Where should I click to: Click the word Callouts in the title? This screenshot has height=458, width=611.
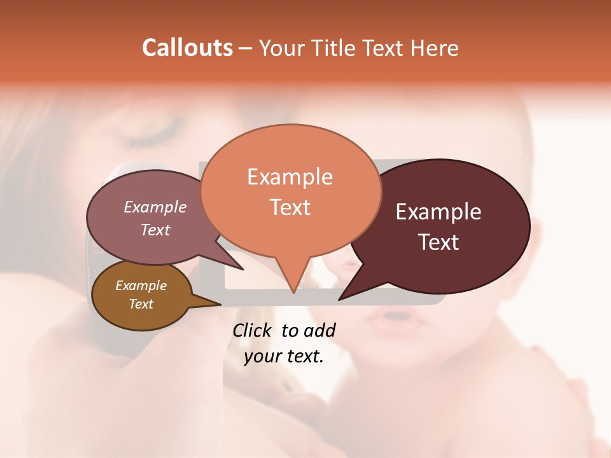187,48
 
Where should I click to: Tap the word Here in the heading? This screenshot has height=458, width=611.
432,48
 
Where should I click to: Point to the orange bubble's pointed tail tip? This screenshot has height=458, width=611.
293,292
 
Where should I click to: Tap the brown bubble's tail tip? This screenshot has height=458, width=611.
220,304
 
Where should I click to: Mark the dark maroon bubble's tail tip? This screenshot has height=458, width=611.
339,299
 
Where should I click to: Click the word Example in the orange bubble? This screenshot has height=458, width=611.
290,177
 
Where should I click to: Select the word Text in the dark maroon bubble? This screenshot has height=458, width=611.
439,242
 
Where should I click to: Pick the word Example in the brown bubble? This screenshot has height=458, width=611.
141,286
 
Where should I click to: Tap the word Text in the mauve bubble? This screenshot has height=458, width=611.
155,230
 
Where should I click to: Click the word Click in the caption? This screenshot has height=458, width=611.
253,331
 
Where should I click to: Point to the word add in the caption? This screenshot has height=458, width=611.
319,331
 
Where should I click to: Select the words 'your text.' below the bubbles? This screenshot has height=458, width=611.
283,356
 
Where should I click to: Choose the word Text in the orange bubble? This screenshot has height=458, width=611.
290,207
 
